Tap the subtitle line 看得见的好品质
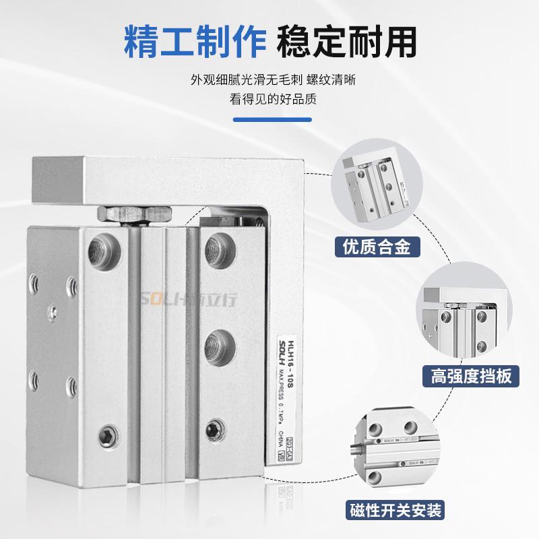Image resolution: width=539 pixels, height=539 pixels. [269, 99]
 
